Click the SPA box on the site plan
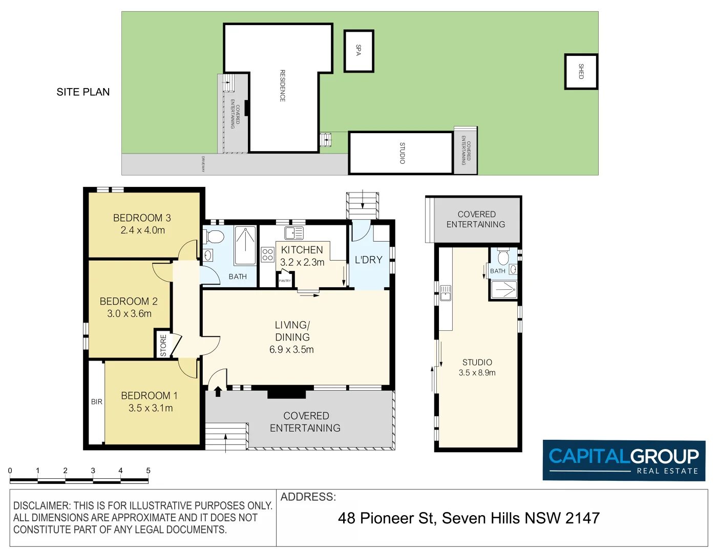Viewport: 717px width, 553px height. click(x=358, y=50)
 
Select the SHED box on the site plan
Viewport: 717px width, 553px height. click(x=581, y=72)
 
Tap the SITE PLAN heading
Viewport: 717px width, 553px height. click(x=83, y=92)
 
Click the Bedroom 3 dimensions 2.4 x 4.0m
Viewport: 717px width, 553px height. click(x=142, y=230)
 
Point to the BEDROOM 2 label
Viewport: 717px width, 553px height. click(x=129, y=301)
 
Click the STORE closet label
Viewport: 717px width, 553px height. click(x=163, y=345)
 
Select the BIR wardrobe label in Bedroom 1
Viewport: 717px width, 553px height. click(x=97, y=402)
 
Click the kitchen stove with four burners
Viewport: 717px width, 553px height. click(x=267, y=254)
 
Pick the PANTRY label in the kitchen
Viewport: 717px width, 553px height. click(x=285, y=281)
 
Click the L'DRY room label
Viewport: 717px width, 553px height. click(x=369, y=260)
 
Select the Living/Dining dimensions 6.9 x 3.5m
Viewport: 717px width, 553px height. click(x=291, y=350)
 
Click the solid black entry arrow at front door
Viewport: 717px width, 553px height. click(x=218, y=392)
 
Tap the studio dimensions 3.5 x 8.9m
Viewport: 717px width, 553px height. click(x=477, y=373)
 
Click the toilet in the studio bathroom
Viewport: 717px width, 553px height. click(x=503, y=256)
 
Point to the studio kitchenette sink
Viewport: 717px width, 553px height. click(x=445, y=293)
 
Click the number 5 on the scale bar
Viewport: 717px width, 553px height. click(x=148, y=471)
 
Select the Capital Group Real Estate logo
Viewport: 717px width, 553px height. click(x=624, y=460)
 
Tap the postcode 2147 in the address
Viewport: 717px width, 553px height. click(x=582, y=518)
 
